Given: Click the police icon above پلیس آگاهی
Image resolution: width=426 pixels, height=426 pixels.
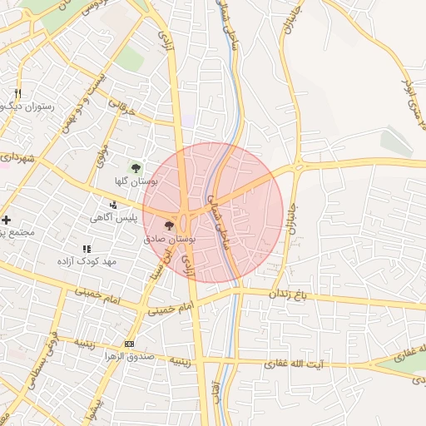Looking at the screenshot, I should coord(114,205).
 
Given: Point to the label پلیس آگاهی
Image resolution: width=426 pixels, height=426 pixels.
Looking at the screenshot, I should coord(115,218).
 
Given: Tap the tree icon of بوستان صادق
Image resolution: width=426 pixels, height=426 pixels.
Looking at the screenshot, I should coord(170,225).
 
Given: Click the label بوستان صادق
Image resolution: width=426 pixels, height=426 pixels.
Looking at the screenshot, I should coord(170,239).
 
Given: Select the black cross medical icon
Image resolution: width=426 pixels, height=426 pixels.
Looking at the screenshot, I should coord(7,220).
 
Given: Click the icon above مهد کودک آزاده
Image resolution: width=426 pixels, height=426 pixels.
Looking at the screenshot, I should coord(87,248).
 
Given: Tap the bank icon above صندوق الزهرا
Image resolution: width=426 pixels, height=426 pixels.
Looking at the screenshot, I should coord(129,344).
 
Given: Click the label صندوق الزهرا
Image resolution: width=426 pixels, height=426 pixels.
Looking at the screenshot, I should coord(127,357).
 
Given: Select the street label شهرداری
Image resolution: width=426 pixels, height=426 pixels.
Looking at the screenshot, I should coord(17,157).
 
